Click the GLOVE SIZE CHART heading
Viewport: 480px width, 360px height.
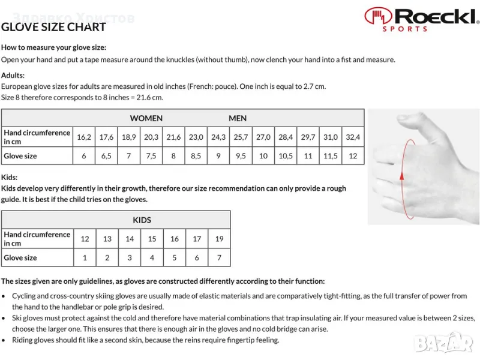pos(53,27)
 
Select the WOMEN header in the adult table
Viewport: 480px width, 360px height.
pos(146,118)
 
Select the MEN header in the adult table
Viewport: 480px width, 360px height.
pos(238,118)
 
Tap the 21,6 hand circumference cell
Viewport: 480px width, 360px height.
pos(173,137)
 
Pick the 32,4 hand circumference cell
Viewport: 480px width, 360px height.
pos(353,137)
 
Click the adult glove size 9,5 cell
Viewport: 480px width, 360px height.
pos(241,156)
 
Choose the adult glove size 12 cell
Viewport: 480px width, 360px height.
pos(353,156)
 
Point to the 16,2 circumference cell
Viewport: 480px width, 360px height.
pos(84,137)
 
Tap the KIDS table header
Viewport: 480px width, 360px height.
pos(142,220)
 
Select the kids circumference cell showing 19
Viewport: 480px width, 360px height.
pos(219,239)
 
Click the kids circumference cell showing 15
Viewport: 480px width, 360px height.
pos(152,239)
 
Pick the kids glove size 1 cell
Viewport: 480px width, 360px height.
pos(85,258)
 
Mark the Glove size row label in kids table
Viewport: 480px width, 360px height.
pos(20,258)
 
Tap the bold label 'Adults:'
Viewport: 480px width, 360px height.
pos(13,76)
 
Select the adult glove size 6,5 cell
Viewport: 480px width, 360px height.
pos(107,156)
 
